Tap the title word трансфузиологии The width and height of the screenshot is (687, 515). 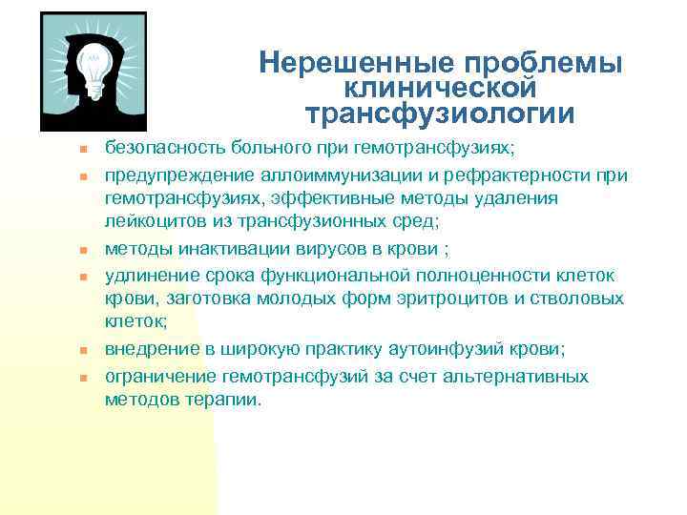(440, 114)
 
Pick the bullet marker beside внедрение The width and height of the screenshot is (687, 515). (83, 350)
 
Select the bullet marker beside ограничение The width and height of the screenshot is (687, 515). (83, 378)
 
